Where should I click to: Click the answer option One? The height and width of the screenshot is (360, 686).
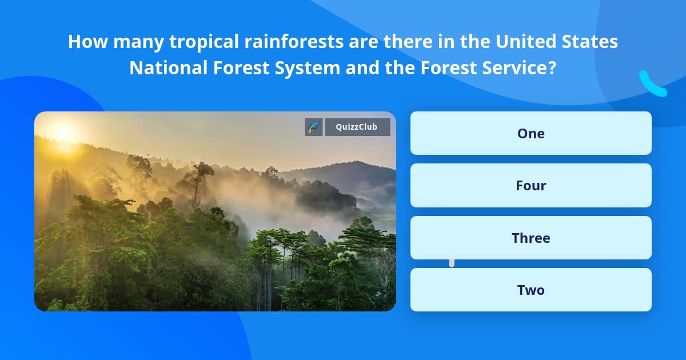coord(531,133)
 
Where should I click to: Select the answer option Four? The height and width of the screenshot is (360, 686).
coord(531,185)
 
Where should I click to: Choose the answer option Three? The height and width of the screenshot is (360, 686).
coord(531,238)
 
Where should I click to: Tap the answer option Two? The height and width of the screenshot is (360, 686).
coord(531,290)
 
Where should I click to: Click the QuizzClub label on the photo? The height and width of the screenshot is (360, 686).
coord(357,127)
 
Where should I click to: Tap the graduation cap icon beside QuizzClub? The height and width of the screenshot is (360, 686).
coord(313,127)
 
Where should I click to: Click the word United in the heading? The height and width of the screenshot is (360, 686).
coord(525,42)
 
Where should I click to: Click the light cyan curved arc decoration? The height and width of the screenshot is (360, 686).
coord(652,85)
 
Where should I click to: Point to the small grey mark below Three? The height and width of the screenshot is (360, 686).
coord(452,263)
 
